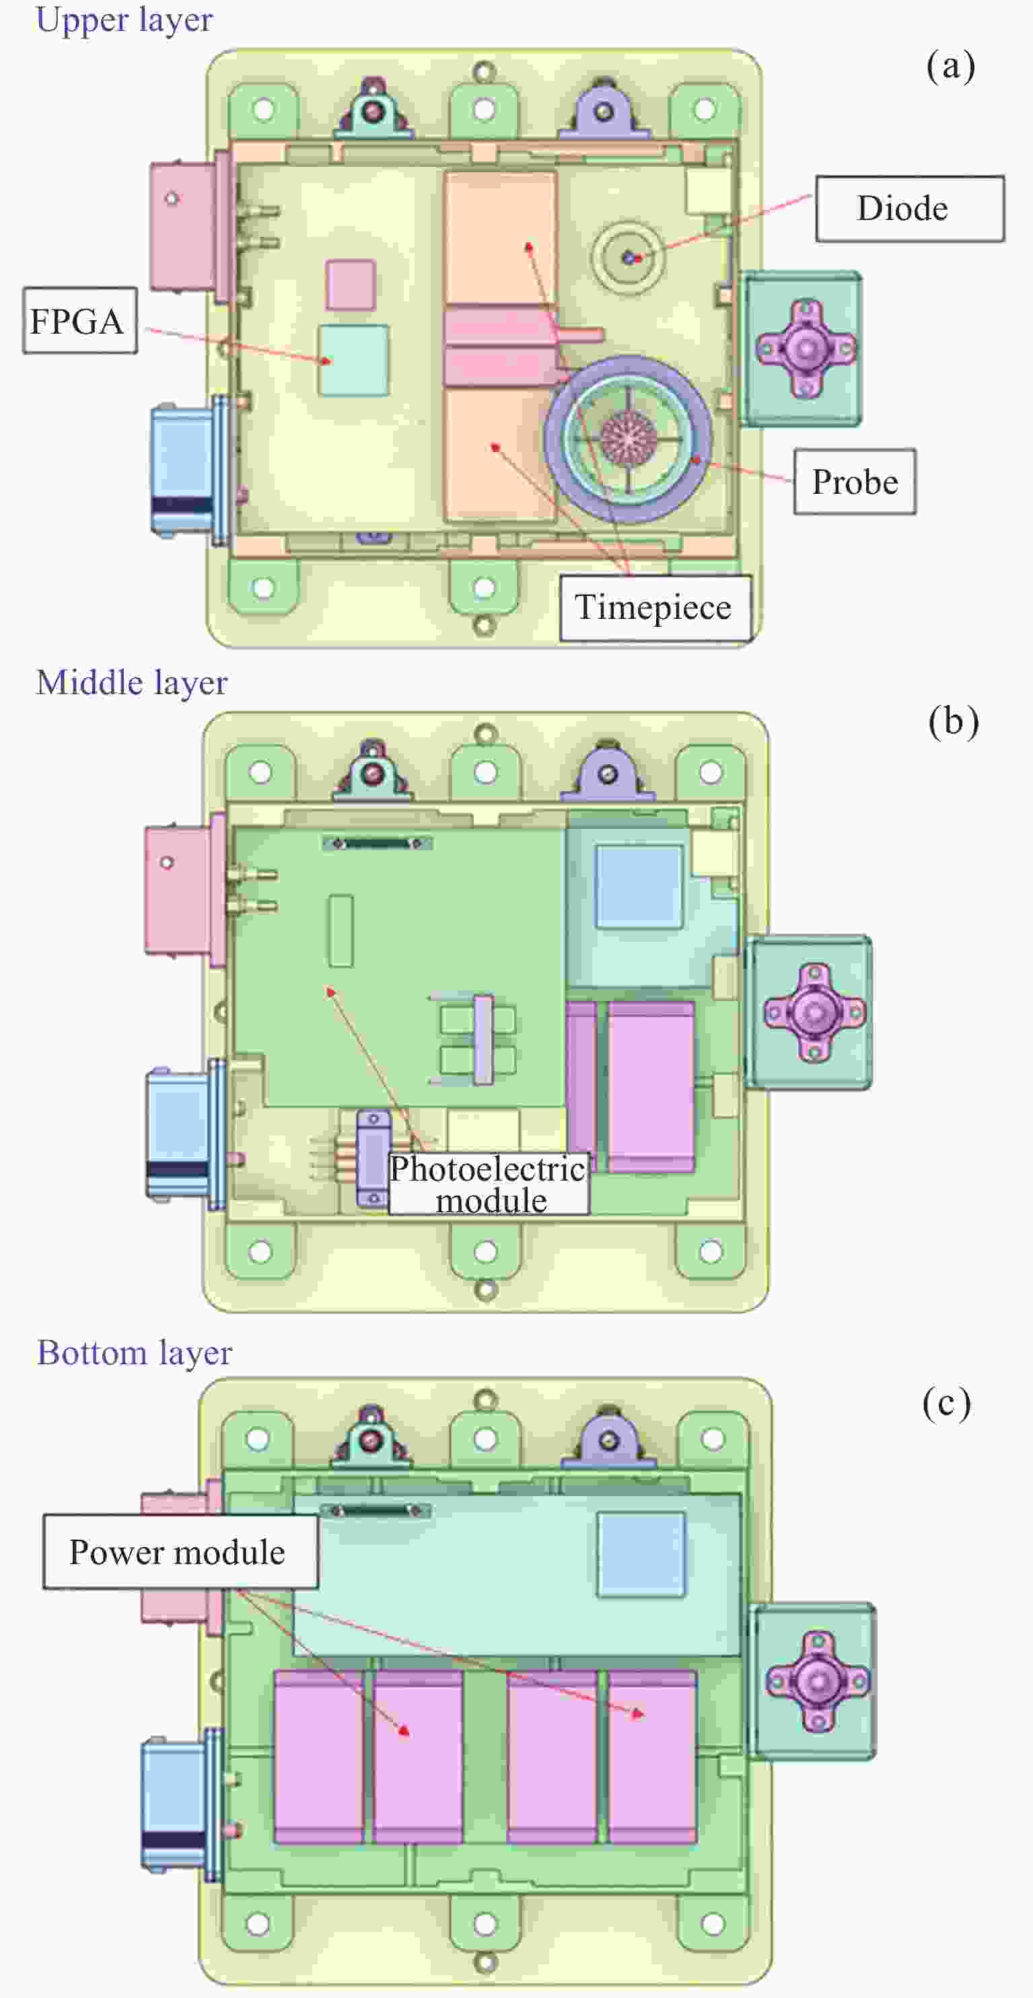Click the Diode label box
click(x=909, y=209)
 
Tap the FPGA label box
click(x=79, y=321)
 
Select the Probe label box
click(x=855, y=482)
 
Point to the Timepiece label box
click(x=654, y=607)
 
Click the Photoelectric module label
click(x=488, y=1183)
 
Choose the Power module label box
click(x=179, y=1552)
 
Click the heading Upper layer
click(x=124, y=20)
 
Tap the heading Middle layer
click(x=132, y=683)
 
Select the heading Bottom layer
click(x=135, y=1354)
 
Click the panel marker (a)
click(x=950, y=66)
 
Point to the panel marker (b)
click(x=953, y=721)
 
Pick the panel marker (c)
click(x=946, y=1403)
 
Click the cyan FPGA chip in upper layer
click(x=353, y=360)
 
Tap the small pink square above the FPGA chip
click(x=350, y=285)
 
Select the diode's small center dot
click(x=629, y=257)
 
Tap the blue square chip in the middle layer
click(x=639, y=885)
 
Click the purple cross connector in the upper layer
click(x=806, y=348)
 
